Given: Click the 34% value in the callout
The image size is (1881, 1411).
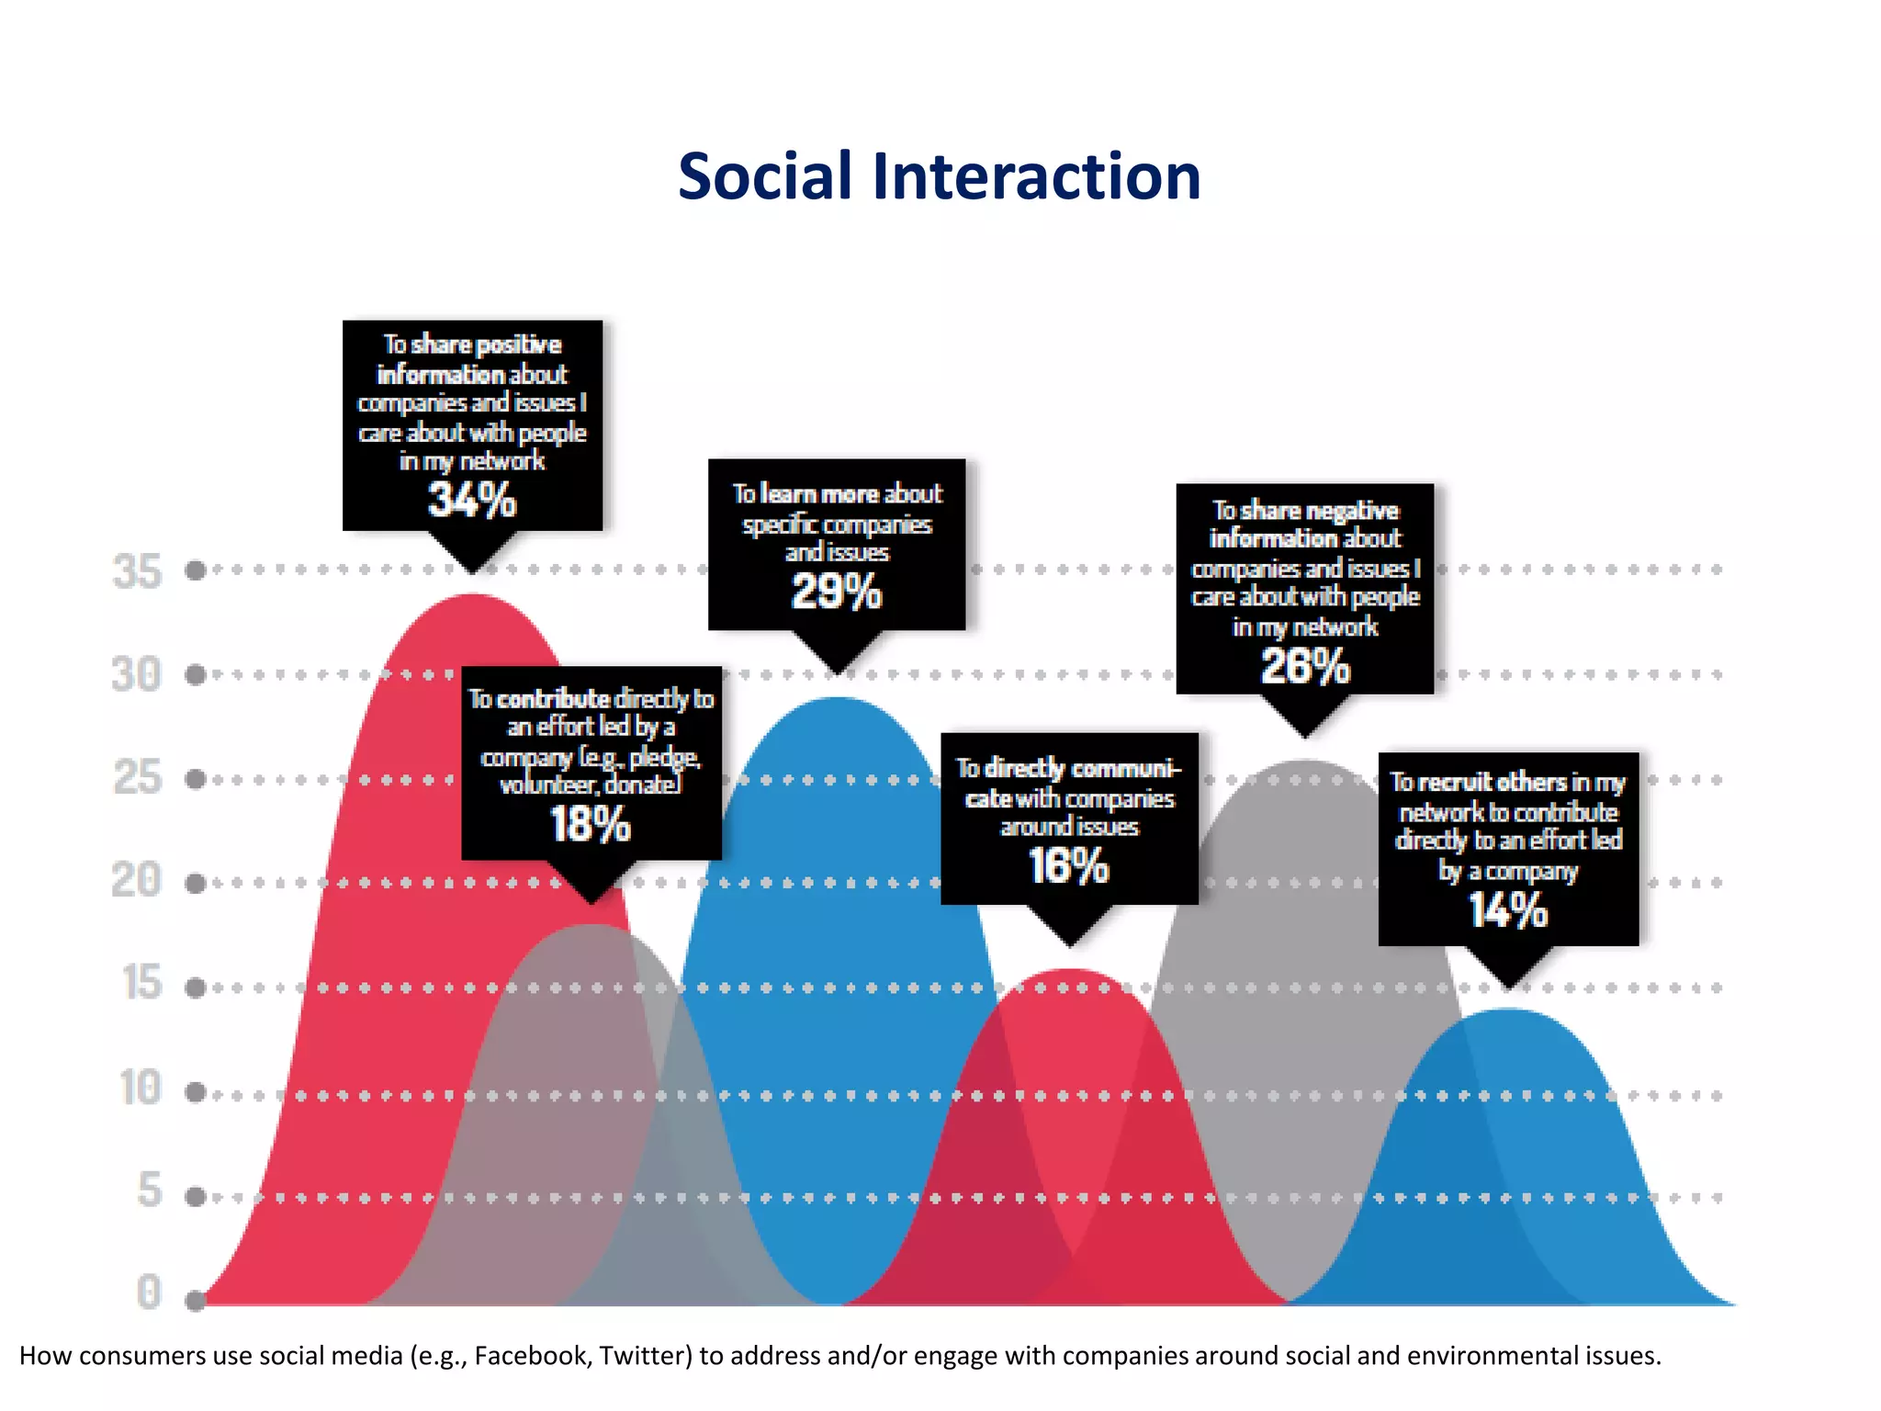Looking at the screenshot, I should [x=472, y=501].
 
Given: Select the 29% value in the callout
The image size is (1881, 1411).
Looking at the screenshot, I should [x=837, y=592].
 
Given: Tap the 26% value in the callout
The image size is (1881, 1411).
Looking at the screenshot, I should [x=1305, y=666].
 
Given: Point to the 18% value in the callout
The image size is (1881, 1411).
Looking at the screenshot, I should [x=591, y=824].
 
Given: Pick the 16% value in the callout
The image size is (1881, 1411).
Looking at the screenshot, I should [x=1069, y=866].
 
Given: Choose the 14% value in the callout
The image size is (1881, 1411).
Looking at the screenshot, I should [x=1508, y=911].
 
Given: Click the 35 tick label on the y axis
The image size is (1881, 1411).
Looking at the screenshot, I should [x=137, y=571].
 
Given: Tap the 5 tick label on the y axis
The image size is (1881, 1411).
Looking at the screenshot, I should [x=150, y=1191].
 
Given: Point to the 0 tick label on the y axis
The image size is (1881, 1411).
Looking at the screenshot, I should [x=149, y=1292].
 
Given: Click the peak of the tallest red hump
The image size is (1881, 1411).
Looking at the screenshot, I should [x=472, y=596].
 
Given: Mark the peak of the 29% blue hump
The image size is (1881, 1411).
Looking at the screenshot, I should [x=837, y=699].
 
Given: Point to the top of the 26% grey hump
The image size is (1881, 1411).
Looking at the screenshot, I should [x=1305, y=762].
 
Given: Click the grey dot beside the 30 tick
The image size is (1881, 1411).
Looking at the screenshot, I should [x=195, y=675].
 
